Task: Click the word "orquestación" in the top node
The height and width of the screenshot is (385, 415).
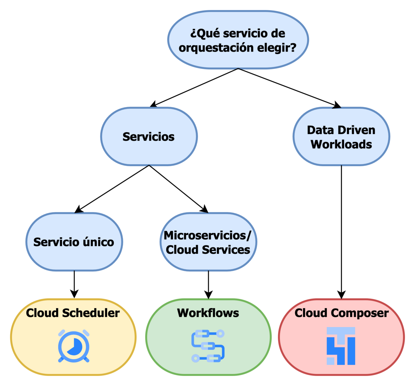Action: pyautogui.click(x=216, y=48)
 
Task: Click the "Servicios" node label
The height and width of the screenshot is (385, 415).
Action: pyautogui.click(x=148, y=137)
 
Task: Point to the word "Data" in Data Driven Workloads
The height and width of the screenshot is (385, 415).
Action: pyautogui.click(x=320, y=130)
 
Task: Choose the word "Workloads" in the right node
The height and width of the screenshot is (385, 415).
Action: pyautogui.click(x=341, y=145)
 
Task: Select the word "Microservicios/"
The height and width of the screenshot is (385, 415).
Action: pyautogui.click(x=207, y=236)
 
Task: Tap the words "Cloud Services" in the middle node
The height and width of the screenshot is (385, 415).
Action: pyautogui.click(x=208, y=250)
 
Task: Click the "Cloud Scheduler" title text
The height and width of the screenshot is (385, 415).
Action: pyautogui.click(x=73, y=313)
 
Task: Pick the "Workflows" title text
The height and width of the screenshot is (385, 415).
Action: pyautogui.click(x=208, y=313)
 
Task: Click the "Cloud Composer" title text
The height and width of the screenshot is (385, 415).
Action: pyautogui.click(x=341, y=313)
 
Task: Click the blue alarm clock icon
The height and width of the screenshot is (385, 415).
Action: pyautogui.click(x=74, y=346)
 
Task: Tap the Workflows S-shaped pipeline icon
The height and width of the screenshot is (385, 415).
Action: pyautogui.click(x=208, y=346)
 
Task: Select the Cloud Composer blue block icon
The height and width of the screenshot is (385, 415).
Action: pyautogui.click(x=341, y=346)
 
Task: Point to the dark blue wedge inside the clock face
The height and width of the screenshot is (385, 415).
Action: pyautogui.click(x=76, y=347)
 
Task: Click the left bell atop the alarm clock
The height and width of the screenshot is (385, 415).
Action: pyautogui.click(x=62, y=333)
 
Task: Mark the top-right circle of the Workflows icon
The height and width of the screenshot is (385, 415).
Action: pyautogui.click(x=220, y=333)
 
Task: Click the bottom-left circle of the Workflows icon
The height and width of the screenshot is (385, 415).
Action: pyautogui.click(x=195, y=358)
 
